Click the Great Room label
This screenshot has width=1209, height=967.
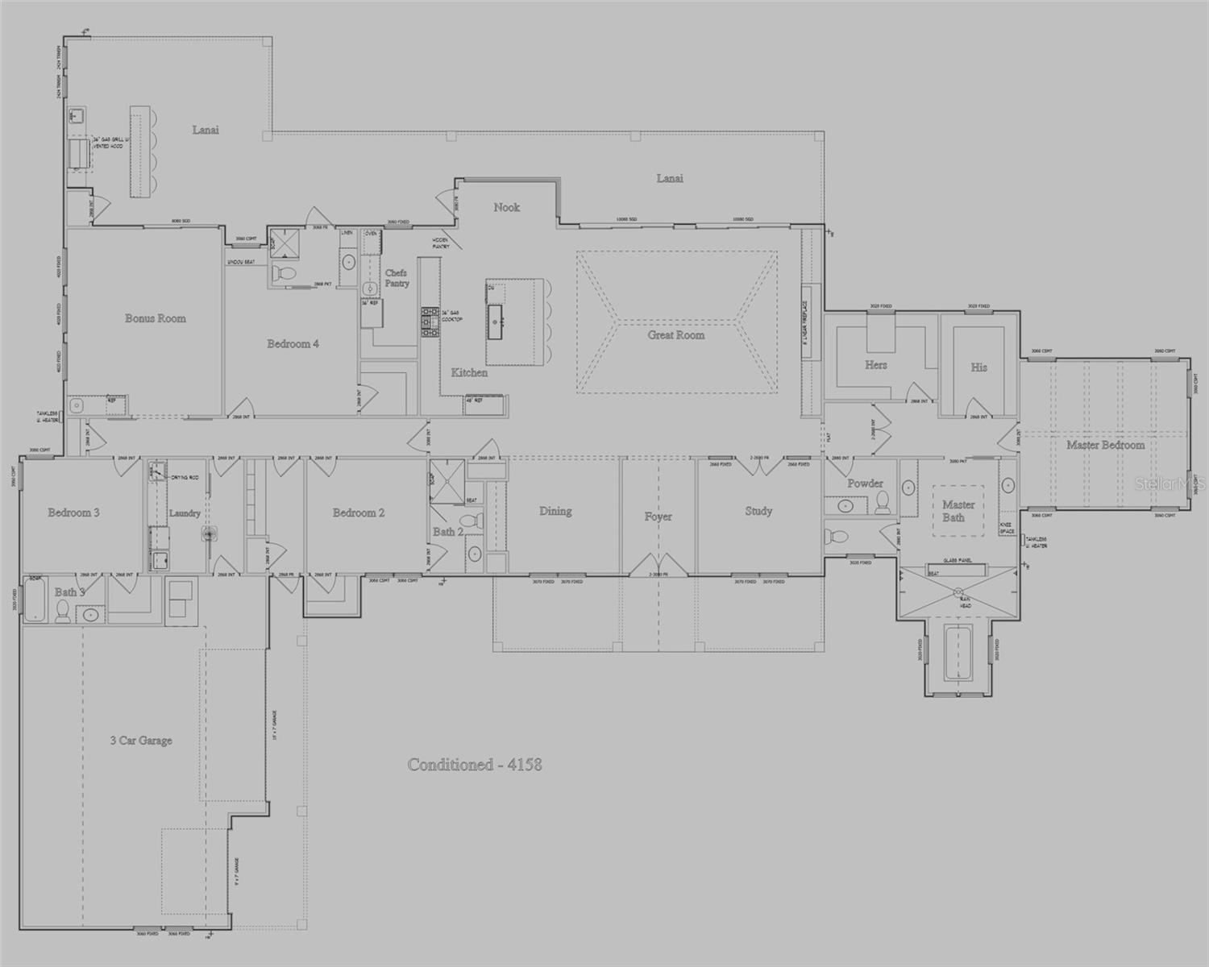tap(675, 335)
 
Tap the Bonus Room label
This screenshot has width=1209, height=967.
tap(155, 318)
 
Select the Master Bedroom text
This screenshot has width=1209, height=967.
tap(1105, 445)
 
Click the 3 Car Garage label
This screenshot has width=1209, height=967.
tap(141, 741)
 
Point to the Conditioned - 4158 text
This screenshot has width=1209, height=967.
tap(474, 765)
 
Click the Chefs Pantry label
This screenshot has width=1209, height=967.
tap(397, 278)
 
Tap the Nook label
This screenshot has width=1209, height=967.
tap(506, 208)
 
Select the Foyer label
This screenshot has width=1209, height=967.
tap(658, 517)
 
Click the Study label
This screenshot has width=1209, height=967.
tap(758, 511)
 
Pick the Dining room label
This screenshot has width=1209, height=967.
tap(555, 511)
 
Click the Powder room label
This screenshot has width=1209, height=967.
tap(865, 483)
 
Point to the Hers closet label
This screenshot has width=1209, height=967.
tap(875, 365)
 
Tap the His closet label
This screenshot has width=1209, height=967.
tap(978, 367)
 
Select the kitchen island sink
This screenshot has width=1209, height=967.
tap(496, 321)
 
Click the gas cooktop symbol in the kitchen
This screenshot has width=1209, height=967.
tap(428, 321)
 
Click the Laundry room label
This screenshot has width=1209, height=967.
tap(184, 513)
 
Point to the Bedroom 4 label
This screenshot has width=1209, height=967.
tap(293, 344)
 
